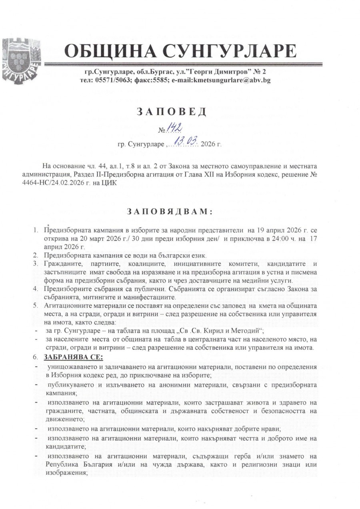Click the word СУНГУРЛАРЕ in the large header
230,52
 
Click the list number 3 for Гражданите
36,263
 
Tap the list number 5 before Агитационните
36,305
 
